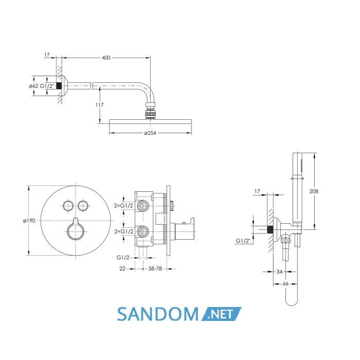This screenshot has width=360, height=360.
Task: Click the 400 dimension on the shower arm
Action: [106, 58]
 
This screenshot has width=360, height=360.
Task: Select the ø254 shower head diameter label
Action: [150, 133]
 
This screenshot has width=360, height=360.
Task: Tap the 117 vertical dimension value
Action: [99, 105]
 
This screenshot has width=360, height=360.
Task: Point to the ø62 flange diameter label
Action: [33, 86]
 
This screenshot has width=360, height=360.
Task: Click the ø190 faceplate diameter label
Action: [29, 221]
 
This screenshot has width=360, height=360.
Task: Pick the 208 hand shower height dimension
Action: [314, 191]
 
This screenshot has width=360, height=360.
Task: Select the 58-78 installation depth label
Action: [155, 268]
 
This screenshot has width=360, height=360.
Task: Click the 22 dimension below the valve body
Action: [122, 268]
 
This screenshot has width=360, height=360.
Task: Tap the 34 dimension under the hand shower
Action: [279, 272]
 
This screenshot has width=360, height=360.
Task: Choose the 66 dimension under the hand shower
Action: [285, 284]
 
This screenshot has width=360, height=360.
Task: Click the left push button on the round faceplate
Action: [68, 206]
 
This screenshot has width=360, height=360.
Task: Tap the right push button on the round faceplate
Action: [83, 206]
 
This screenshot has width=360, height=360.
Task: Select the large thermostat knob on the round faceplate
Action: [75, 231]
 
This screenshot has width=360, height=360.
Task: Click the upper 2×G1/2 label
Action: [123, 206]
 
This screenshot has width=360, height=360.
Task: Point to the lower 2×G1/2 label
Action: [124, 231]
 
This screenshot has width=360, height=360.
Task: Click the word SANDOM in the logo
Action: [158, 314]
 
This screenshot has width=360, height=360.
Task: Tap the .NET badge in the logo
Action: [221, 314]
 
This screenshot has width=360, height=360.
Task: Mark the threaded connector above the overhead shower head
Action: [150, 111]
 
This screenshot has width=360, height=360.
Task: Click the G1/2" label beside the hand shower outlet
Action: [243, 241]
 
